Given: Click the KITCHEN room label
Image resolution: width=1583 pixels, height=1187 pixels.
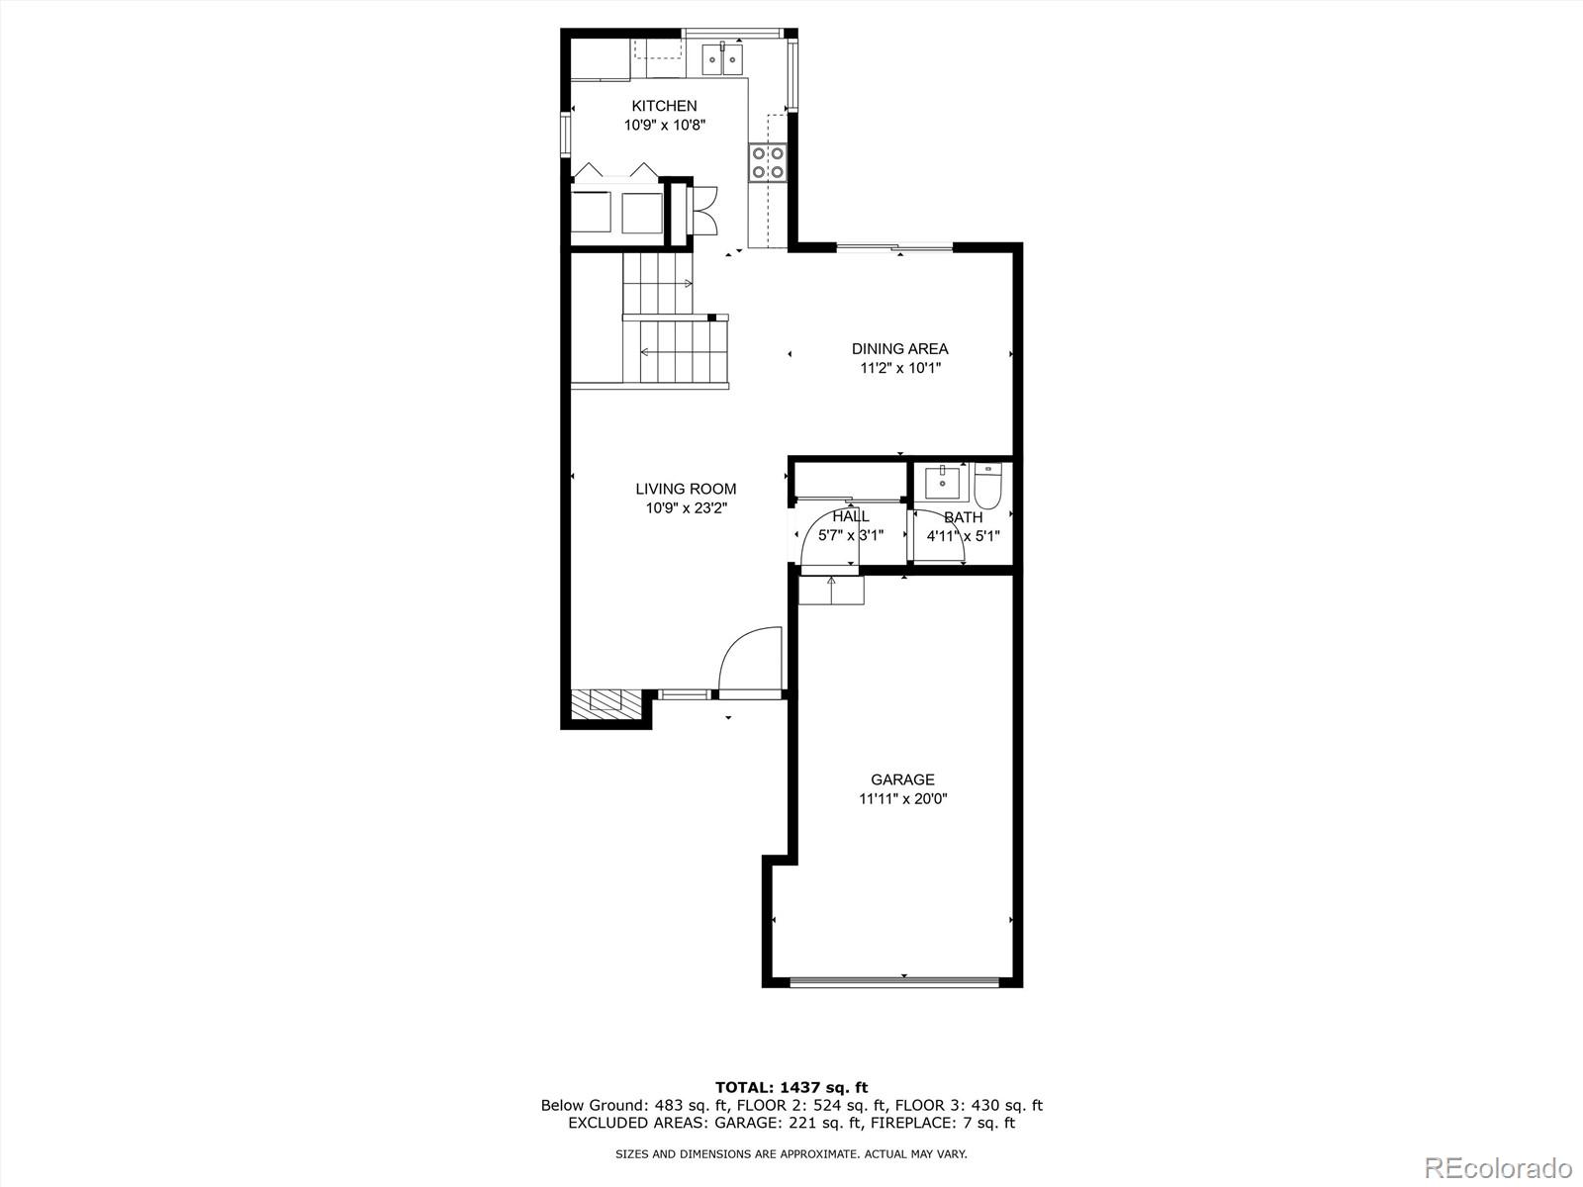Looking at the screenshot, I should pyautogui.click(x=664, y=106).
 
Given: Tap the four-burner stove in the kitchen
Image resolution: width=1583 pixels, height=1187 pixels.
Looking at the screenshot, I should pyautogui.click(x=768, y=162).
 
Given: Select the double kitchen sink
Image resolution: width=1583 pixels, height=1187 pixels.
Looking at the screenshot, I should pyautogui.click(x=723, y=60).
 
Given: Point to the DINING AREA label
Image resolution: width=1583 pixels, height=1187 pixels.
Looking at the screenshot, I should pyautogui.click(x=899, y=348).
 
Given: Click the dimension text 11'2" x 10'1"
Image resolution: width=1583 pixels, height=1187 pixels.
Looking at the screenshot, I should pyautogui.click(x=899, y=368).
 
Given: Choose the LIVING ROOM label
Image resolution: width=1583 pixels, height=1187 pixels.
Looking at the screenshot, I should pyautogui.click(x=686, y=489).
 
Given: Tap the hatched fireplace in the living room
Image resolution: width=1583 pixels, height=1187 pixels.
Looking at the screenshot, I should pyautogui.click(x=605, y=702).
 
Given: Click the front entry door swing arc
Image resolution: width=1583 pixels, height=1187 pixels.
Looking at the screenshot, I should pyautogui.click(x=749, y=661).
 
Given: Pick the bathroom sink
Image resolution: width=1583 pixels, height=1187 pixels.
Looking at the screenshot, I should pyautogui.click(x=941, y=484).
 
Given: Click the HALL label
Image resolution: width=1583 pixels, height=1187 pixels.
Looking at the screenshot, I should pyautogui.click(x=851, y=516).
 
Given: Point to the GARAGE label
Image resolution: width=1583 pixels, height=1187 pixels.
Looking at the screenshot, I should pyautogui.click(x=902, y=779).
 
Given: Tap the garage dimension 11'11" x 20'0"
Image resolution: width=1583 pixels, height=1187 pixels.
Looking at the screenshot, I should pyautogui.click(x=902, y=799).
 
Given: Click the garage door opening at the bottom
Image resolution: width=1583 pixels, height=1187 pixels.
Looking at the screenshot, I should pyautogui.click(x=902, y=982).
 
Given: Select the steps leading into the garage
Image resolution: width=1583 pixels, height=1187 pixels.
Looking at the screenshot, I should pyautogui.click(x=831, y=590).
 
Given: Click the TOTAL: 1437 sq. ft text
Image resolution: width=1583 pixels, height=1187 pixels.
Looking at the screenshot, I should pyautogui.click(x=791, y=1088).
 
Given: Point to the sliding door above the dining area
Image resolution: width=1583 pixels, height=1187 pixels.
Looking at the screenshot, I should pyautogui.click(x=895, y=246).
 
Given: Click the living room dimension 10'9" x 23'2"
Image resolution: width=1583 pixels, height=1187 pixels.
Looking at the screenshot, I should pyautogui.click(x=686, y=508).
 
